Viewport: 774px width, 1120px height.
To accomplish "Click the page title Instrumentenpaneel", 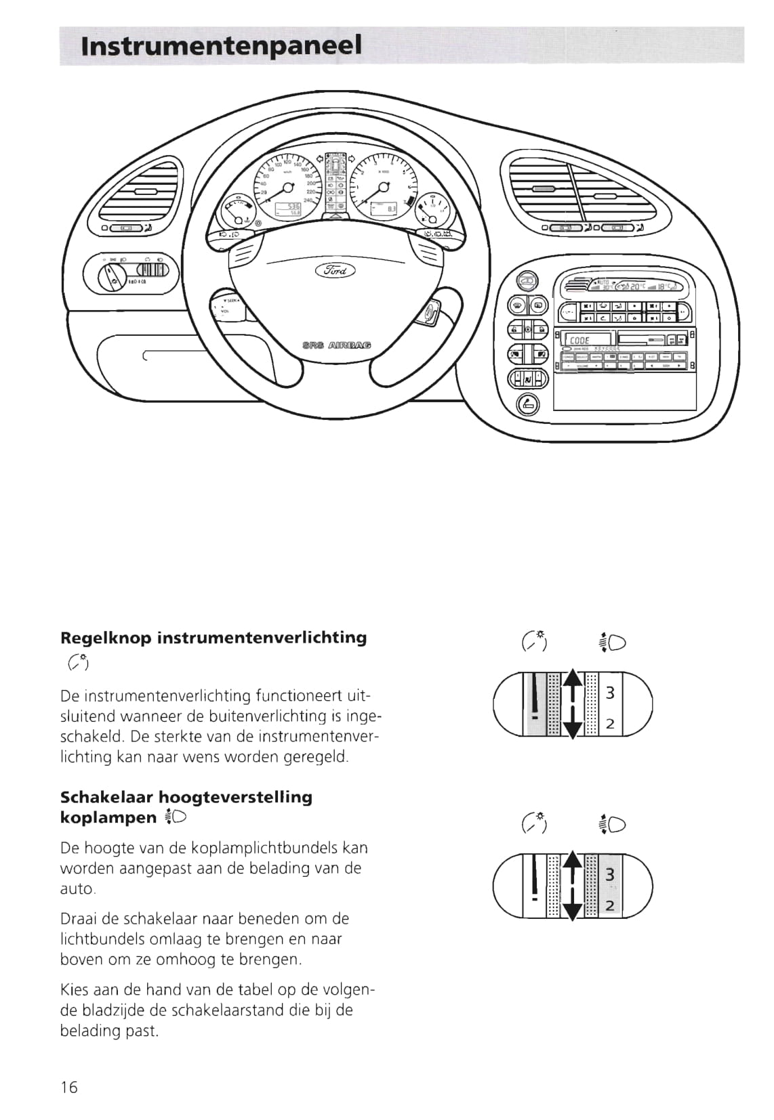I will (x=221, y=46).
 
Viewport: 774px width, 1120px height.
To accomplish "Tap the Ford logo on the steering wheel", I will (x=334, y=271).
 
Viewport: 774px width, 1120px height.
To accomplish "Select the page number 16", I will (x=69, y=1087).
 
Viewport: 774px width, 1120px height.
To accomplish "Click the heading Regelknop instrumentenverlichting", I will (x=213, y=638).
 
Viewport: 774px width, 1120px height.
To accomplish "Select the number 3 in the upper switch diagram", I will (x=610, y=693).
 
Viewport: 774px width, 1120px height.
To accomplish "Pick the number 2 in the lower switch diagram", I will (x=610, y=905).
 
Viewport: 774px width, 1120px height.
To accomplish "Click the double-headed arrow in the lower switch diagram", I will (x=573, y=885).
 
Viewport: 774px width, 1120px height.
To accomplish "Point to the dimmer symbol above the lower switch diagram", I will (x=534, y=823).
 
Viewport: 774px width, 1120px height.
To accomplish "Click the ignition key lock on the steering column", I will (x=430, y=313).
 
